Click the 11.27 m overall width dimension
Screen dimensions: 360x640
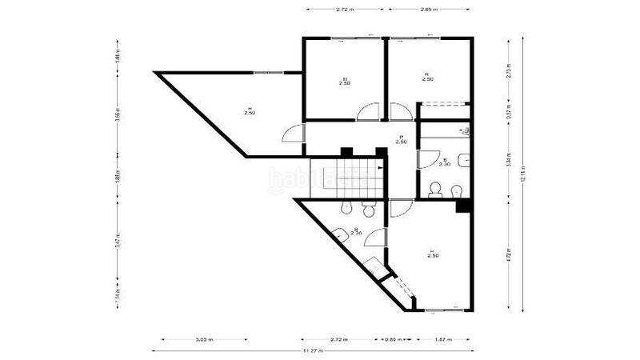(x=314, y=352)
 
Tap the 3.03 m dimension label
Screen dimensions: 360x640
(x=204, y=340)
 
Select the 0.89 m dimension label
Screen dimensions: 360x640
(x=394, y=340)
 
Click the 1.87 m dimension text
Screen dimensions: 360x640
(x=440, y=340)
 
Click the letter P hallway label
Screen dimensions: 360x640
(x=401, y=138)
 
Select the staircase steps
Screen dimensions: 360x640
(x=347, y=176)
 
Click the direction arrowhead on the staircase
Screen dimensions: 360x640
(x=379, y=168)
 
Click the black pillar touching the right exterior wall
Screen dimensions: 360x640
(x=462, y=206)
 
